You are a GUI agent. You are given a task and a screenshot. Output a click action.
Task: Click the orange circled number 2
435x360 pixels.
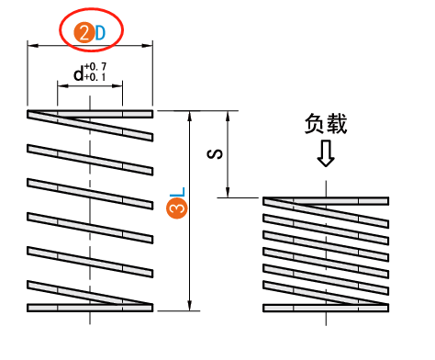pos(84,33)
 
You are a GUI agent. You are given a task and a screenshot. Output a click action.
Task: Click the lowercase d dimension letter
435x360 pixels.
pos(77,73)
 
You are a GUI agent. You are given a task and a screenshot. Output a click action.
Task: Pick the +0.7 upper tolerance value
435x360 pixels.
pos(95,67)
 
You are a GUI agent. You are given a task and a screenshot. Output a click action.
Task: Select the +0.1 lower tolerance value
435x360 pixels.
pos(95,77)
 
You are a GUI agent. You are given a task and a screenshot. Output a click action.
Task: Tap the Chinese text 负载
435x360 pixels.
pos(326,124)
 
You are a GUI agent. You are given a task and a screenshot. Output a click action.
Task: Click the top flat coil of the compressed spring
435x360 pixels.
pos(327,199)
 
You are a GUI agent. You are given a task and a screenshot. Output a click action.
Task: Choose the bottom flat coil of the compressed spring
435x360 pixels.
pos(327,308)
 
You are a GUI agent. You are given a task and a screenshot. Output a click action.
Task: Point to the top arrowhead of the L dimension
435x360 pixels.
pos(190,118)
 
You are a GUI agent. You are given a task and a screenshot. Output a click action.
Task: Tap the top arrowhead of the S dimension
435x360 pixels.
pos(226,118)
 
